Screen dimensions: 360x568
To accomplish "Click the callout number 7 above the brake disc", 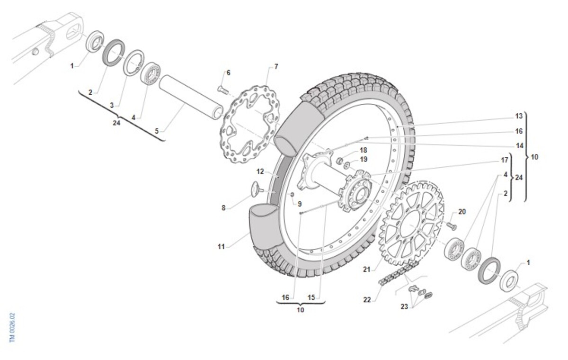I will pos(276,67).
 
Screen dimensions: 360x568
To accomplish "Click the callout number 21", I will pos(366,269).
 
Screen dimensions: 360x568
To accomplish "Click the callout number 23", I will pos(404,306).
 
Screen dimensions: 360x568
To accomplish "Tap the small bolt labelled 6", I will pos(222,88).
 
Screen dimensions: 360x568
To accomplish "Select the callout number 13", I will pos(519,116).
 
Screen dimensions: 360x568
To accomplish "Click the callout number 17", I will pos(505,160).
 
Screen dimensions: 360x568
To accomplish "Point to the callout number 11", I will pos(221,247).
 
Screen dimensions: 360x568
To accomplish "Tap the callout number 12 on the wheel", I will pos(260,171).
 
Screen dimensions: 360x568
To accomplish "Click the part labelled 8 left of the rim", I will pos(256,189).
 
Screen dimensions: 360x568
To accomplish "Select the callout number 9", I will pos(299,204).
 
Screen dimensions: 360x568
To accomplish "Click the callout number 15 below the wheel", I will pos(311,297).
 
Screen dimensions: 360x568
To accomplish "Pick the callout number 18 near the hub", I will pos(363,150).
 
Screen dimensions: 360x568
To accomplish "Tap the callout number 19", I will pos(364,159).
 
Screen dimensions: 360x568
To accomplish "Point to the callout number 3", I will pos(112,105).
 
